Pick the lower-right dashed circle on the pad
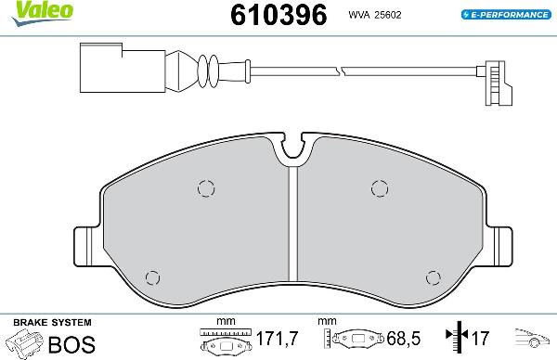click(x=431, y=276)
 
